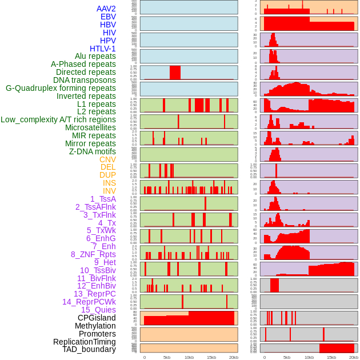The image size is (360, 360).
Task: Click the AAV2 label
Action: (106, 9)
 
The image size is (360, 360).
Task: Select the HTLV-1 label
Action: (102, 49)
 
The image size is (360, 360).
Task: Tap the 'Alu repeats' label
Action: (95, 56)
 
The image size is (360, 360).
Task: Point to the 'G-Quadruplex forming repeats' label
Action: (61, 88)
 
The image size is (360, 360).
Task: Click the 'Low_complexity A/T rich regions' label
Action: (58, 119)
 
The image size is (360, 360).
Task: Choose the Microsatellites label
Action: (90, 127)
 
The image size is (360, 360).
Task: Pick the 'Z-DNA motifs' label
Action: (92, 151)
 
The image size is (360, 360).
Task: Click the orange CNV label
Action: (107, 159)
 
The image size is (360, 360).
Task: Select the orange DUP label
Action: (107, 175)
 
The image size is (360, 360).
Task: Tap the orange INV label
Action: (109, 191)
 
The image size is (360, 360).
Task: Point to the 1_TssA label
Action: (103, 199)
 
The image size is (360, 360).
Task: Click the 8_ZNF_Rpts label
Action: (93, 254)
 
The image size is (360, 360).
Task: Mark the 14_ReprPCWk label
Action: (89, 302)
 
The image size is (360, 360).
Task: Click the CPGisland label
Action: (97, 318)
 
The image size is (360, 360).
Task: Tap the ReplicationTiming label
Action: (84, 342)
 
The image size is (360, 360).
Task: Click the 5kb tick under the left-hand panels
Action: (167, 357)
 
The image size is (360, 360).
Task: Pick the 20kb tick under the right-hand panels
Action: (354, 357)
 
